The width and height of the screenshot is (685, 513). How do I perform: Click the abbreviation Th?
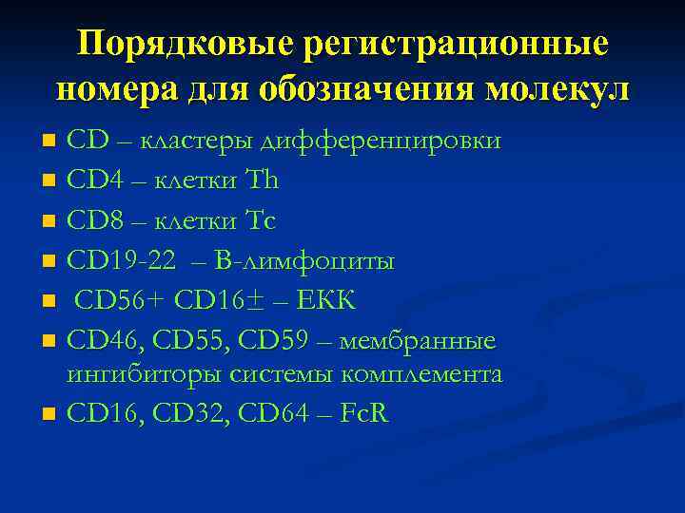tap(261, 180)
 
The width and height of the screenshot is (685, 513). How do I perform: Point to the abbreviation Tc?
tap(260, 219)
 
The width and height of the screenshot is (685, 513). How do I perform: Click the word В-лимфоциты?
tap(313, 259)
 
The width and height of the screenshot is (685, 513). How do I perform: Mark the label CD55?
tap(197, 340)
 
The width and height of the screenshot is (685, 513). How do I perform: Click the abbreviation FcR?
tap(363, 414)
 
